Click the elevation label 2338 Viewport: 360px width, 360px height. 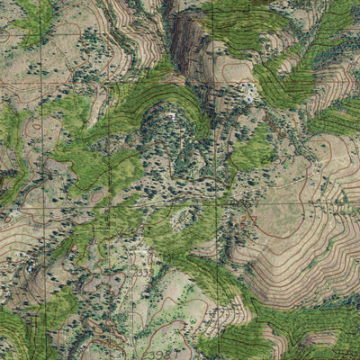[141, 272]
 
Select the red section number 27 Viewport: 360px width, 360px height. [249, 219]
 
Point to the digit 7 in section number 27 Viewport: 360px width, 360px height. [254, 219]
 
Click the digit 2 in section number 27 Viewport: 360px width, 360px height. [245, 219]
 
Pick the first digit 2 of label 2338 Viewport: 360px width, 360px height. [134, 272]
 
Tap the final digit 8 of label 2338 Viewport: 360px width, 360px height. [148, 272]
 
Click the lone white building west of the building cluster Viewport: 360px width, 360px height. [171, 116]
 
